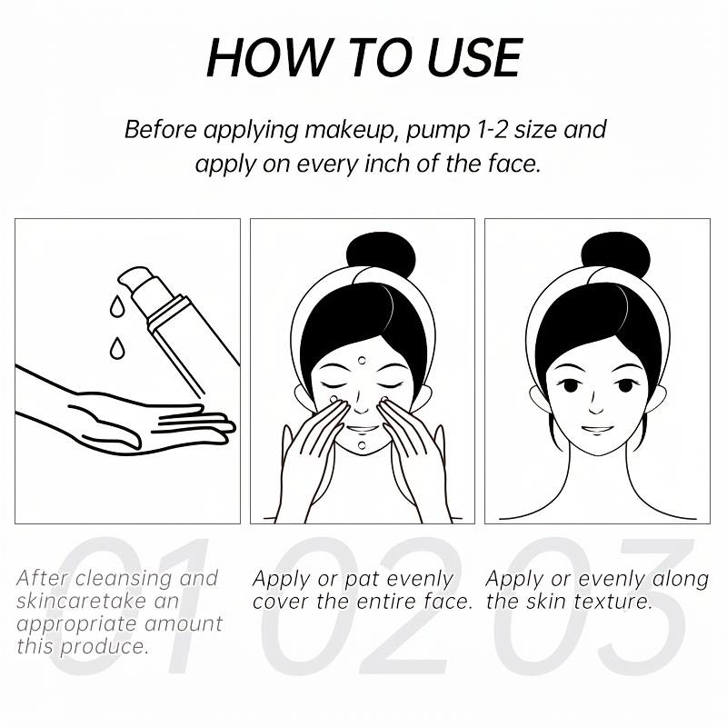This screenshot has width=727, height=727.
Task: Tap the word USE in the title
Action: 473,57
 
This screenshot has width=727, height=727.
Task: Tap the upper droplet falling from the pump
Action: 116,306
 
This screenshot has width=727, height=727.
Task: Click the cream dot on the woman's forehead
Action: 362,360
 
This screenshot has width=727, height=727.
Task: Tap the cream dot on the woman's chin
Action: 362,446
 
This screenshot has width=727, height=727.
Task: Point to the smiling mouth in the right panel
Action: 597,429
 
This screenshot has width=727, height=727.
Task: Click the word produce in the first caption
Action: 105,647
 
